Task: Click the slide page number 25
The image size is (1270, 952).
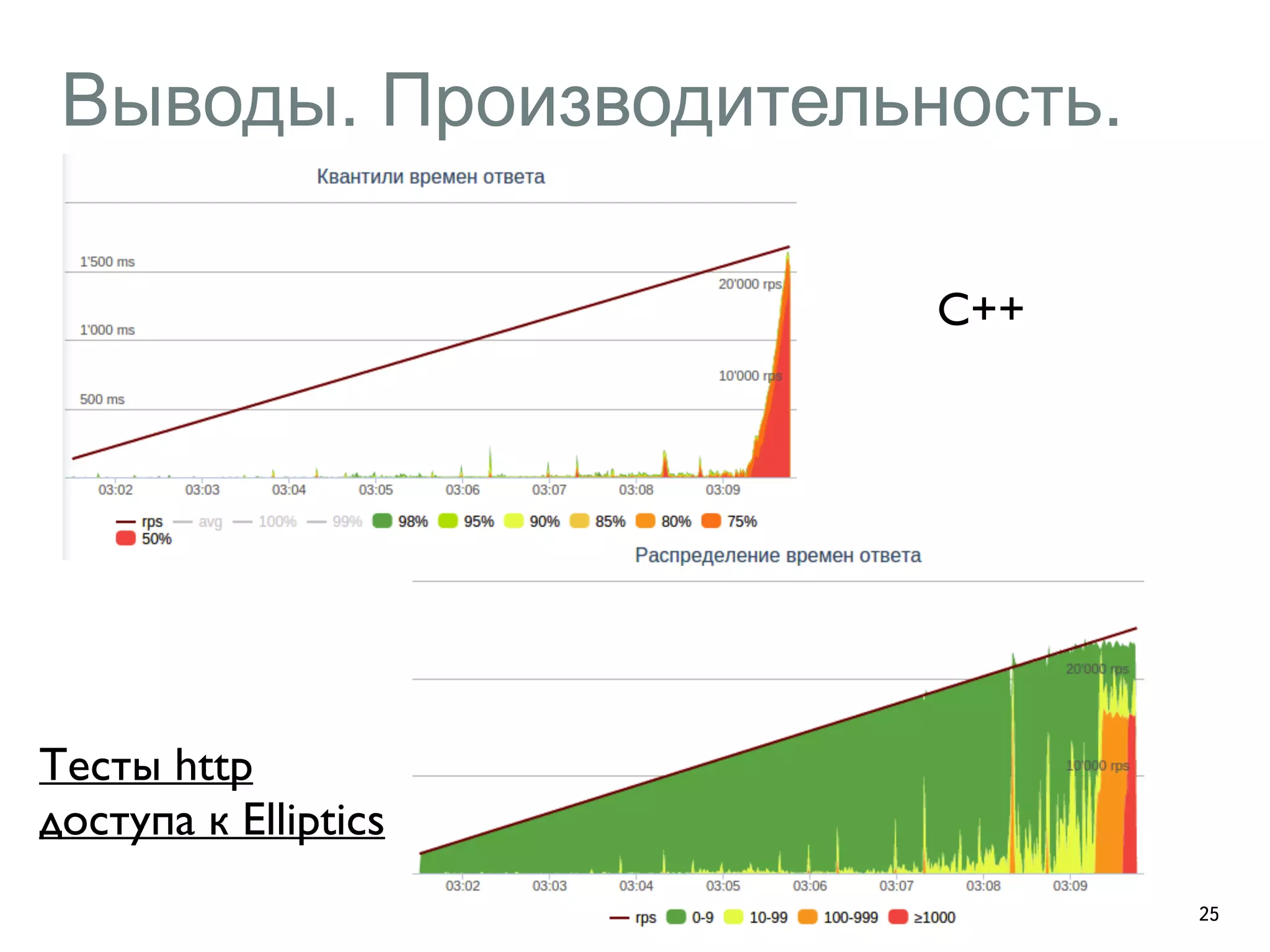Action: pyautogui.click(x=1209, y=914)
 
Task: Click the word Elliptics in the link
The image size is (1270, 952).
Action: pyautogui.click(x=313, y=819)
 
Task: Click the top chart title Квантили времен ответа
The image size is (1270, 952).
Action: pyautogui.click(x=430, y=177)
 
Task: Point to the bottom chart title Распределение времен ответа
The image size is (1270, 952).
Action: pyautogui.click(x=778, y=555)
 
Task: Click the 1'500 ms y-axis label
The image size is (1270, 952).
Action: pyautogui.click(x=107, y=262)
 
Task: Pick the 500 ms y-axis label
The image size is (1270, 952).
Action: pyautogui.click(x=102, y=399)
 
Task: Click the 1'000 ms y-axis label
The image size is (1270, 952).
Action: pyautogui.click(x=107, y=330)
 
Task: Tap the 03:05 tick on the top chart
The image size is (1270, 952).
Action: pyautogui.click(x=376, y=490)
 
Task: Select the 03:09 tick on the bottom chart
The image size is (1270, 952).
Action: pyautogui.click(x=1070, y=886)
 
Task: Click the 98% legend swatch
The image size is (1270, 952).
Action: pyautogui.click(x=383, y=521)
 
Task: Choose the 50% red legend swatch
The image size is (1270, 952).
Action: pyautogui.click(x=126, y=538)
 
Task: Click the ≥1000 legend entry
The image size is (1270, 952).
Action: pyautogui.click(x=922, y=917)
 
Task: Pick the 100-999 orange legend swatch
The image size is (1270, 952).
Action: pyautogui.click(x=807, y=917)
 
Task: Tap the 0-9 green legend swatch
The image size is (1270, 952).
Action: pyautogui.click(x=676, y=917)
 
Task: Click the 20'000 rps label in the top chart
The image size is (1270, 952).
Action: pyautogui.click(x=750, y=284)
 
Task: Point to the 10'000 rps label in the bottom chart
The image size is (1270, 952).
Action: pyautogui.click(x=1097, y=765)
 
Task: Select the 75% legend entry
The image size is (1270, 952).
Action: pyautogui.click(x=730, y=521)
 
